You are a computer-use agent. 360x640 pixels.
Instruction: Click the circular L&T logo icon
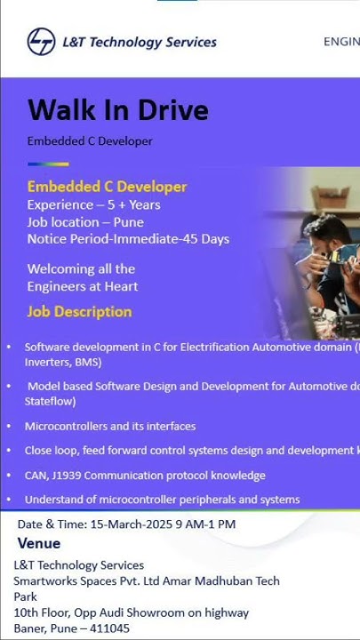[x=41, y=41]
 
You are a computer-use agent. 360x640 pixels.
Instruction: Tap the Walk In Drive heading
[x=118, y=110]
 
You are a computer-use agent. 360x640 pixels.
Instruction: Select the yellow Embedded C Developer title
[x=107, y=187]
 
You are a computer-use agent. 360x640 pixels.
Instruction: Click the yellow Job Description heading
[x=79, y=311]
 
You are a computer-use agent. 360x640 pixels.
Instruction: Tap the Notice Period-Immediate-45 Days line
[x=128, y=239]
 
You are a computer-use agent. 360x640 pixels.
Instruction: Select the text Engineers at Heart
[x=83, y=286]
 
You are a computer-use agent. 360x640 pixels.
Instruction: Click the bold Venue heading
[x=39, y=543]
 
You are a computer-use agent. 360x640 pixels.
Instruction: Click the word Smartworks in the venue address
[x=45, y=581]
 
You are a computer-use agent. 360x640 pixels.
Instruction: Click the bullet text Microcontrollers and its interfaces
[x=110, y=427]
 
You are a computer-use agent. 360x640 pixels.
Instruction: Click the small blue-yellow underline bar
[x=48, y=164]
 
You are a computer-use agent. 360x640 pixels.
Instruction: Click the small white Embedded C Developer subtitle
[x=90, y=141]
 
